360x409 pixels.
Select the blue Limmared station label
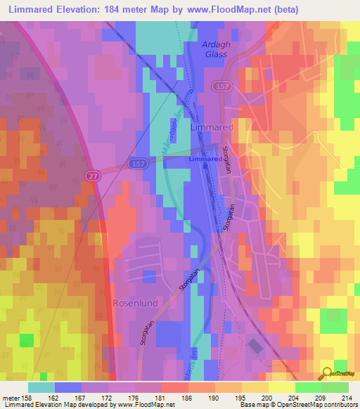[206, 159]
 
